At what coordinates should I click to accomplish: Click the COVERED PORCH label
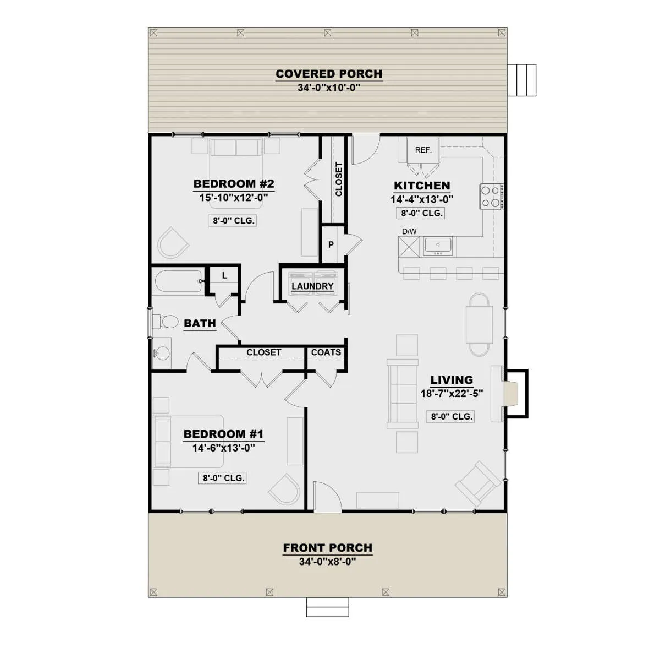329,74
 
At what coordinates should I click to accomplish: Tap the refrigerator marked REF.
423,150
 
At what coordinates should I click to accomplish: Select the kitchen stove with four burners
491,197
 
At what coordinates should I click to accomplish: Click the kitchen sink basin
438,246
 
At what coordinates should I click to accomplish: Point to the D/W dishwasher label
409,232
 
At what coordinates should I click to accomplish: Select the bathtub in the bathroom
178,281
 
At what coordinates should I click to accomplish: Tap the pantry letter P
331,244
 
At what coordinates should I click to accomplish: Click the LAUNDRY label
312,286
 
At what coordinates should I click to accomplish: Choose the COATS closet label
326,352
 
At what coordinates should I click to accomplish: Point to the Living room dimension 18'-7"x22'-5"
452,394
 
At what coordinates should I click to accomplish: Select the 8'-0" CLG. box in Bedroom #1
222,478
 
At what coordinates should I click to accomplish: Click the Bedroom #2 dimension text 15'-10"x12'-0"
234,198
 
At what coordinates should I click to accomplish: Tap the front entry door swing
327,497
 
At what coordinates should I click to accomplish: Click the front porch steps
327,607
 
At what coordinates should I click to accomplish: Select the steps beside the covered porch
521,80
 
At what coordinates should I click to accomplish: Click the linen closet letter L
224,275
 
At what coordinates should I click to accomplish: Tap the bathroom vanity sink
161,353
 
